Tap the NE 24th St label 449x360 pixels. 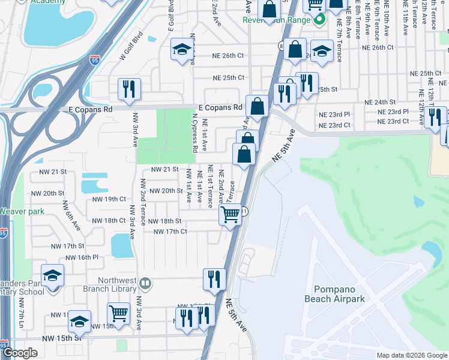pyautogui.click(x=385, y=103)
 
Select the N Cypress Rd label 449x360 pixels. pyautogui.click(x=195, y=133)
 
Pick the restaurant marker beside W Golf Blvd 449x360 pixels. pyautogui.click(x=129, y=89)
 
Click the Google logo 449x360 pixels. pyautogui.click(x=20, y=353)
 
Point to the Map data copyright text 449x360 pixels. pyautogui.click(x=412, y=355)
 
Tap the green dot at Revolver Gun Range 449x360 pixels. pyautogui.click(x=319, y=20)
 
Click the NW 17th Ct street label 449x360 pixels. pyautogui.click(x=170, y=232)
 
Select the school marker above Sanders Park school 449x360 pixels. pyautogui.click(x=52, y=275)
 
